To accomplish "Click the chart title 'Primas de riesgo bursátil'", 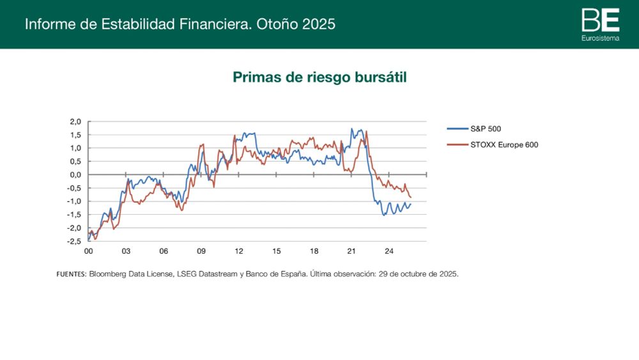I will click(x=319, y=77).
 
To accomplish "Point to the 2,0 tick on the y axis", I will click(x=75, y=121).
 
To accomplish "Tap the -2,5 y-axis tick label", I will click(x=74, y=241).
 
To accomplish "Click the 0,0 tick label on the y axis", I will click(x=75, y=175).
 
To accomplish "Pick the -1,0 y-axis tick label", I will click(x=74, y=201).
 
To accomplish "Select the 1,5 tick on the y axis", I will click(x=75, y=135).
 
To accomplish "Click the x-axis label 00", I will click(x=89, y=252).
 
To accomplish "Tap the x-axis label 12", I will click(x=238, y=252).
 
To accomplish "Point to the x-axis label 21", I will click(x=351, y=252).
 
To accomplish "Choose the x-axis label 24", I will click(x=389, y=252).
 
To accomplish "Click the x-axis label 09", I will click(x=201, y=252).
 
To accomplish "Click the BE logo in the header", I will click(x=600, y=20).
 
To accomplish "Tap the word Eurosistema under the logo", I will click(x=600, y=39).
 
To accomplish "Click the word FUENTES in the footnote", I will click(x=71, y=274).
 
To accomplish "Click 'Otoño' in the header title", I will click(x=279, y=24).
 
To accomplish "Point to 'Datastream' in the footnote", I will click(x=220, y=274).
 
